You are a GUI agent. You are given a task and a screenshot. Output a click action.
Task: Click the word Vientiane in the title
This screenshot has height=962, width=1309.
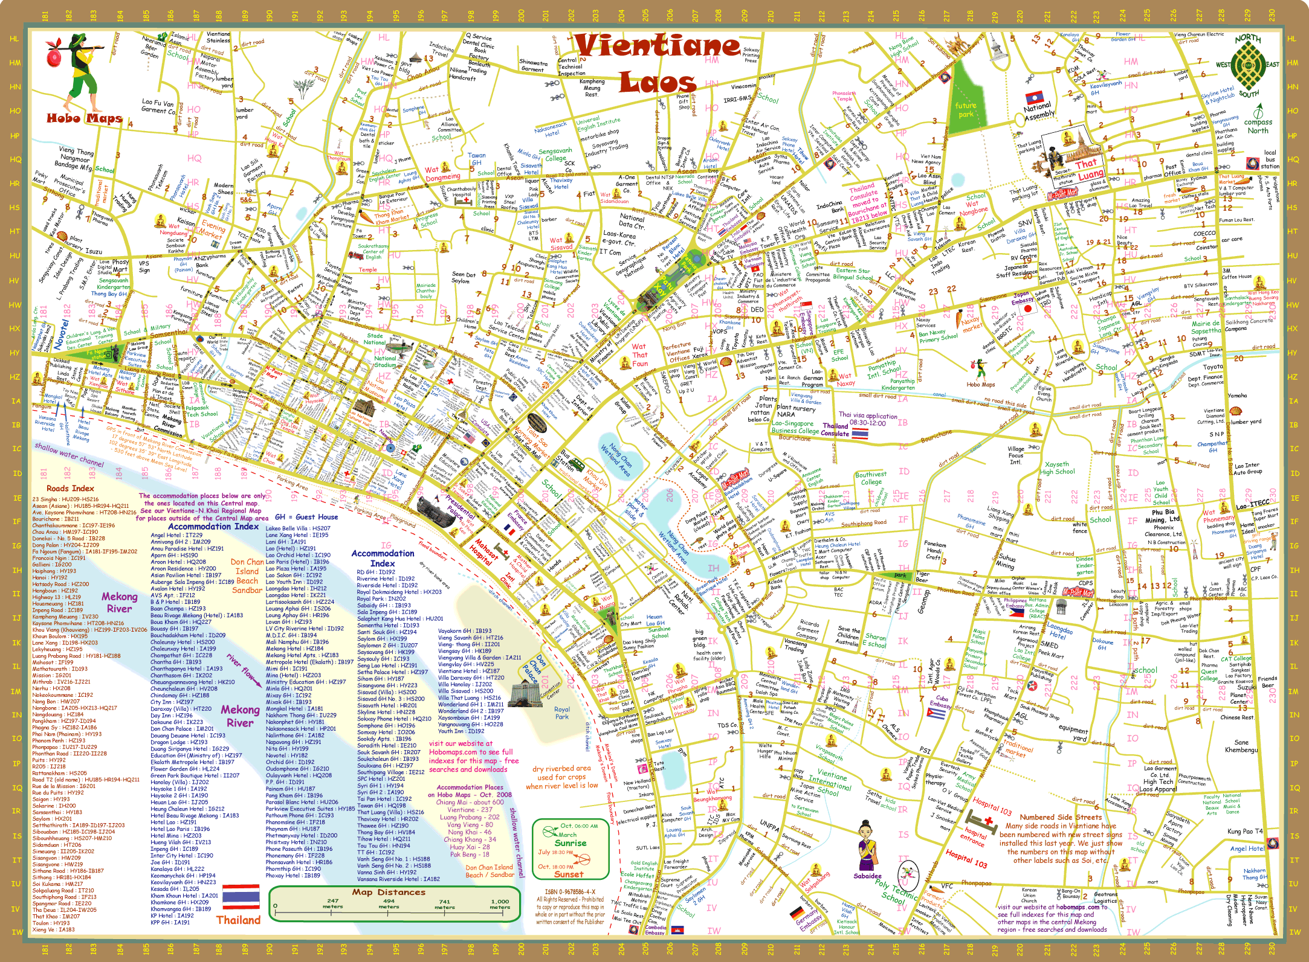[657, 46]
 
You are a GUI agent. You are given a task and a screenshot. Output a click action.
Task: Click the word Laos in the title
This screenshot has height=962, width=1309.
[657, 82]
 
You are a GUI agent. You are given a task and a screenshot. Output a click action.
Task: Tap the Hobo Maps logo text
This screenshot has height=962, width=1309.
[84, 118]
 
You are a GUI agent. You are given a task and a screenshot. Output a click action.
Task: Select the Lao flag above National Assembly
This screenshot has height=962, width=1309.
[1034, 97]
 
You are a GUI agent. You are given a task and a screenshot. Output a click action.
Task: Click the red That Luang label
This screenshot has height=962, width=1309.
[1088, 168]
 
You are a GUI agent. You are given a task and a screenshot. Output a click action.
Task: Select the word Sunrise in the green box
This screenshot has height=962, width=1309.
[570, 843]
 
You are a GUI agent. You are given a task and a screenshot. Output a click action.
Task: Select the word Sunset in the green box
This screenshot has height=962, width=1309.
[569, 874]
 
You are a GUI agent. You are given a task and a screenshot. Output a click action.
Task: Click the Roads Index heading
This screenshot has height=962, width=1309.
[70, 488]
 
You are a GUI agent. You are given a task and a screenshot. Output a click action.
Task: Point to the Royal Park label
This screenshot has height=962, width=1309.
[562, 713]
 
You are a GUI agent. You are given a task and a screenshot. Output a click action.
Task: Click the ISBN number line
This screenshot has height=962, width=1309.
[570, 892]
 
